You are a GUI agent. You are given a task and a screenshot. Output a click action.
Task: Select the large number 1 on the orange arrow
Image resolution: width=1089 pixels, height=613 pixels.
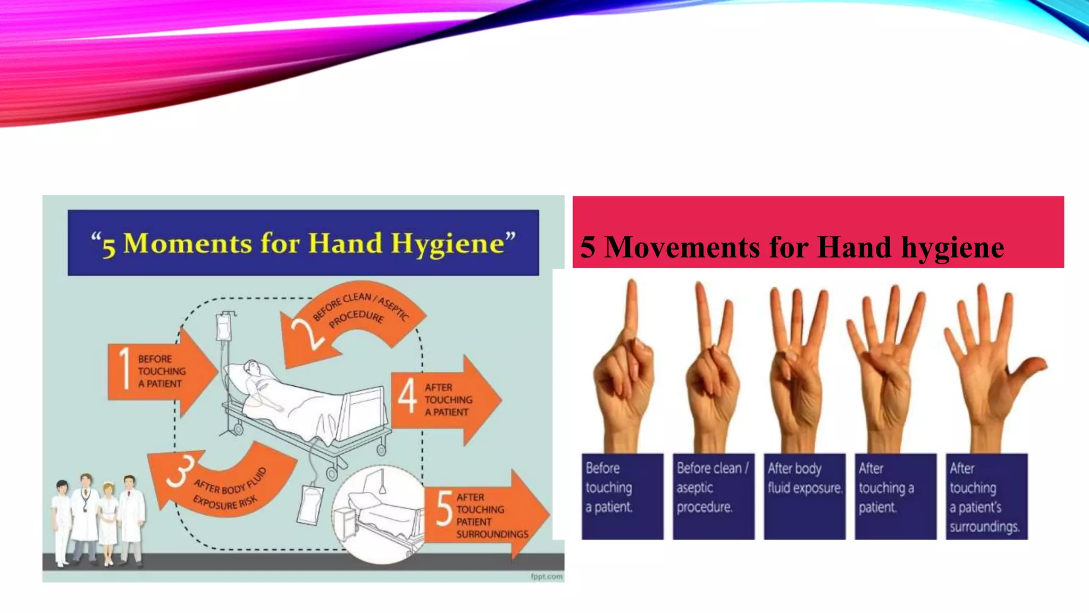click(x=124, y=368)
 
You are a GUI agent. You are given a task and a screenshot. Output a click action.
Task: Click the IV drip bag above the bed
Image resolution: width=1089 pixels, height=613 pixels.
click(x=224, y=326)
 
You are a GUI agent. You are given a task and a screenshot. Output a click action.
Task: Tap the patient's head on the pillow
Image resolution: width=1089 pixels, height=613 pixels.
click(x=252, y=368)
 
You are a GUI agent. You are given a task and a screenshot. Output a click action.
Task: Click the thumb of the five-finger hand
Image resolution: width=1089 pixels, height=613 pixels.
click(x=1029, y=367)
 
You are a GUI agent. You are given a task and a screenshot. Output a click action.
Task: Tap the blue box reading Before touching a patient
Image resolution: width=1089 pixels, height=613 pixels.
click(x=622, y=496)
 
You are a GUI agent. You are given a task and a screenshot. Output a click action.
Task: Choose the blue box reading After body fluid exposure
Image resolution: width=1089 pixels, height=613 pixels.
click(x=805, y=496)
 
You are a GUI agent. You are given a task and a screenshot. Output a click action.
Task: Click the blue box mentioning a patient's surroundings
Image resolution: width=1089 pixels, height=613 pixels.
click(x=986, y=496)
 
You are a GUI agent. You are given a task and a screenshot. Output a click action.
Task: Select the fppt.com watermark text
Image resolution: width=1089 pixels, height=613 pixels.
click(x=546, y=576)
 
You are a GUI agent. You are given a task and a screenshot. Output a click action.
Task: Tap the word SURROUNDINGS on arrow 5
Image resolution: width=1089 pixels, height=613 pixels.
click(x=492, y=534)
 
